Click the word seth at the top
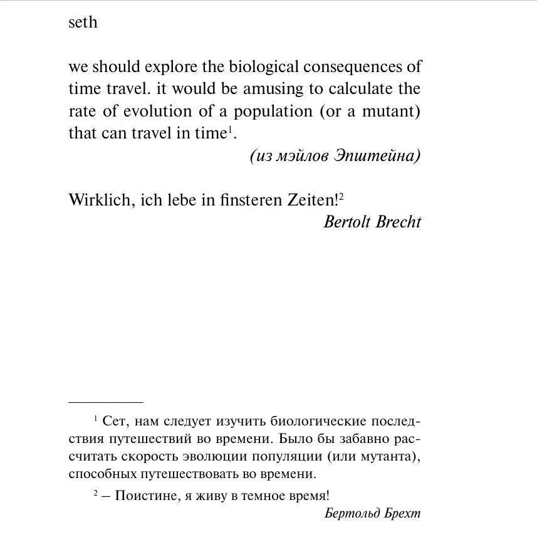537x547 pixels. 83,23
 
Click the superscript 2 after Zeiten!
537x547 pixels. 341,196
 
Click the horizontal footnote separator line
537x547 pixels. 105,402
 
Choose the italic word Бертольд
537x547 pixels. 352,514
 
